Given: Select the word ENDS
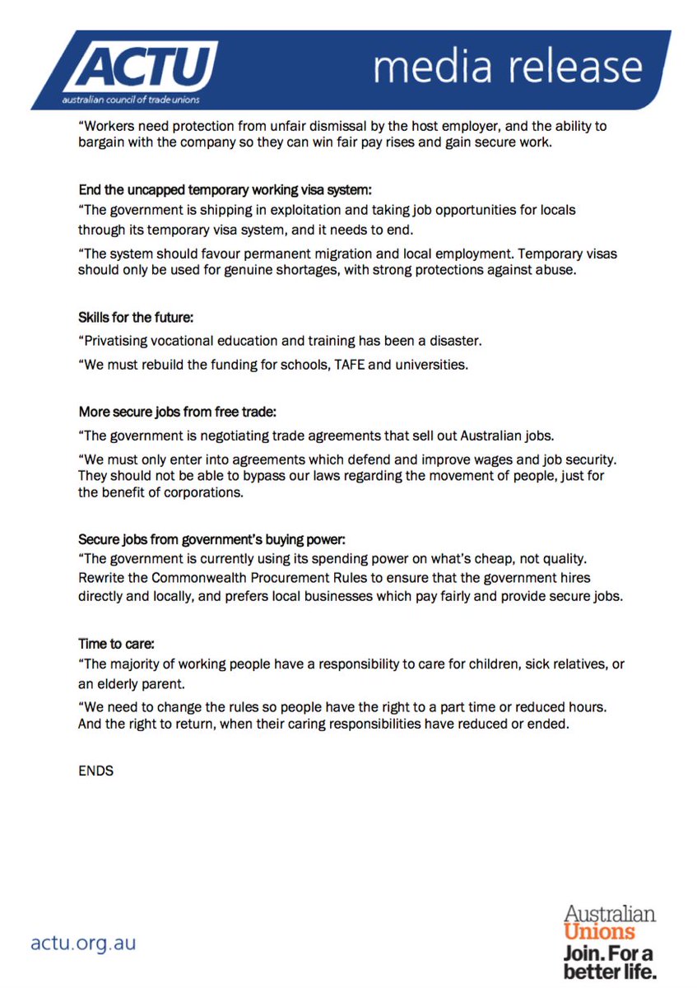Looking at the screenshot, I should (95, 771).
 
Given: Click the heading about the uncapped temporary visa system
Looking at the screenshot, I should (225, 189).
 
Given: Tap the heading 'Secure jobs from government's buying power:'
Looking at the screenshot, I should (212, 540).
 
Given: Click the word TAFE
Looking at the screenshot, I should (348, 365).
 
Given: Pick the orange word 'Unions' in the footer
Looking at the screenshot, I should (599, 932).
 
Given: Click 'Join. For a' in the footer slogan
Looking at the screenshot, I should (608, 954).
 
